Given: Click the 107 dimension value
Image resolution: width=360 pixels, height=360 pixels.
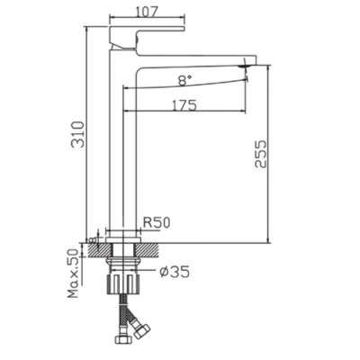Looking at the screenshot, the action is click(147, 12).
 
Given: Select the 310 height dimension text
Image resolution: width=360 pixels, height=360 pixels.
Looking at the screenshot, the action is click(77, 134).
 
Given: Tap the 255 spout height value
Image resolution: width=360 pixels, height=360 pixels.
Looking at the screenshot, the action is click(260, 154).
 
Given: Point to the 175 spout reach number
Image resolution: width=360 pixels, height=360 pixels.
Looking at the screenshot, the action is click(184, 105).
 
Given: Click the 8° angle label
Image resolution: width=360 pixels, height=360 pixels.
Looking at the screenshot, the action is click(184, 80).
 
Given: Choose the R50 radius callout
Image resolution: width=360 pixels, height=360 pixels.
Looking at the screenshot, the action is click(157, 222).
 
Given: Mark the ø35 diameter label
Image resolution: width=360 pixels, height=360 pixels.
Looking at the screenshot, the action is click(175, 272).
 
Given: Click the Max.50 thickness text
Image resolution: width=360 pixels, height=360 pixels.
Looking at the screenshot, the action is click(73, 274).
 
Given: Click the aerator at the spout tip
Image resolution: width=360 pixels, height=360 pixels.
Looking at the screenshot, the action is click(246, 67).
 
